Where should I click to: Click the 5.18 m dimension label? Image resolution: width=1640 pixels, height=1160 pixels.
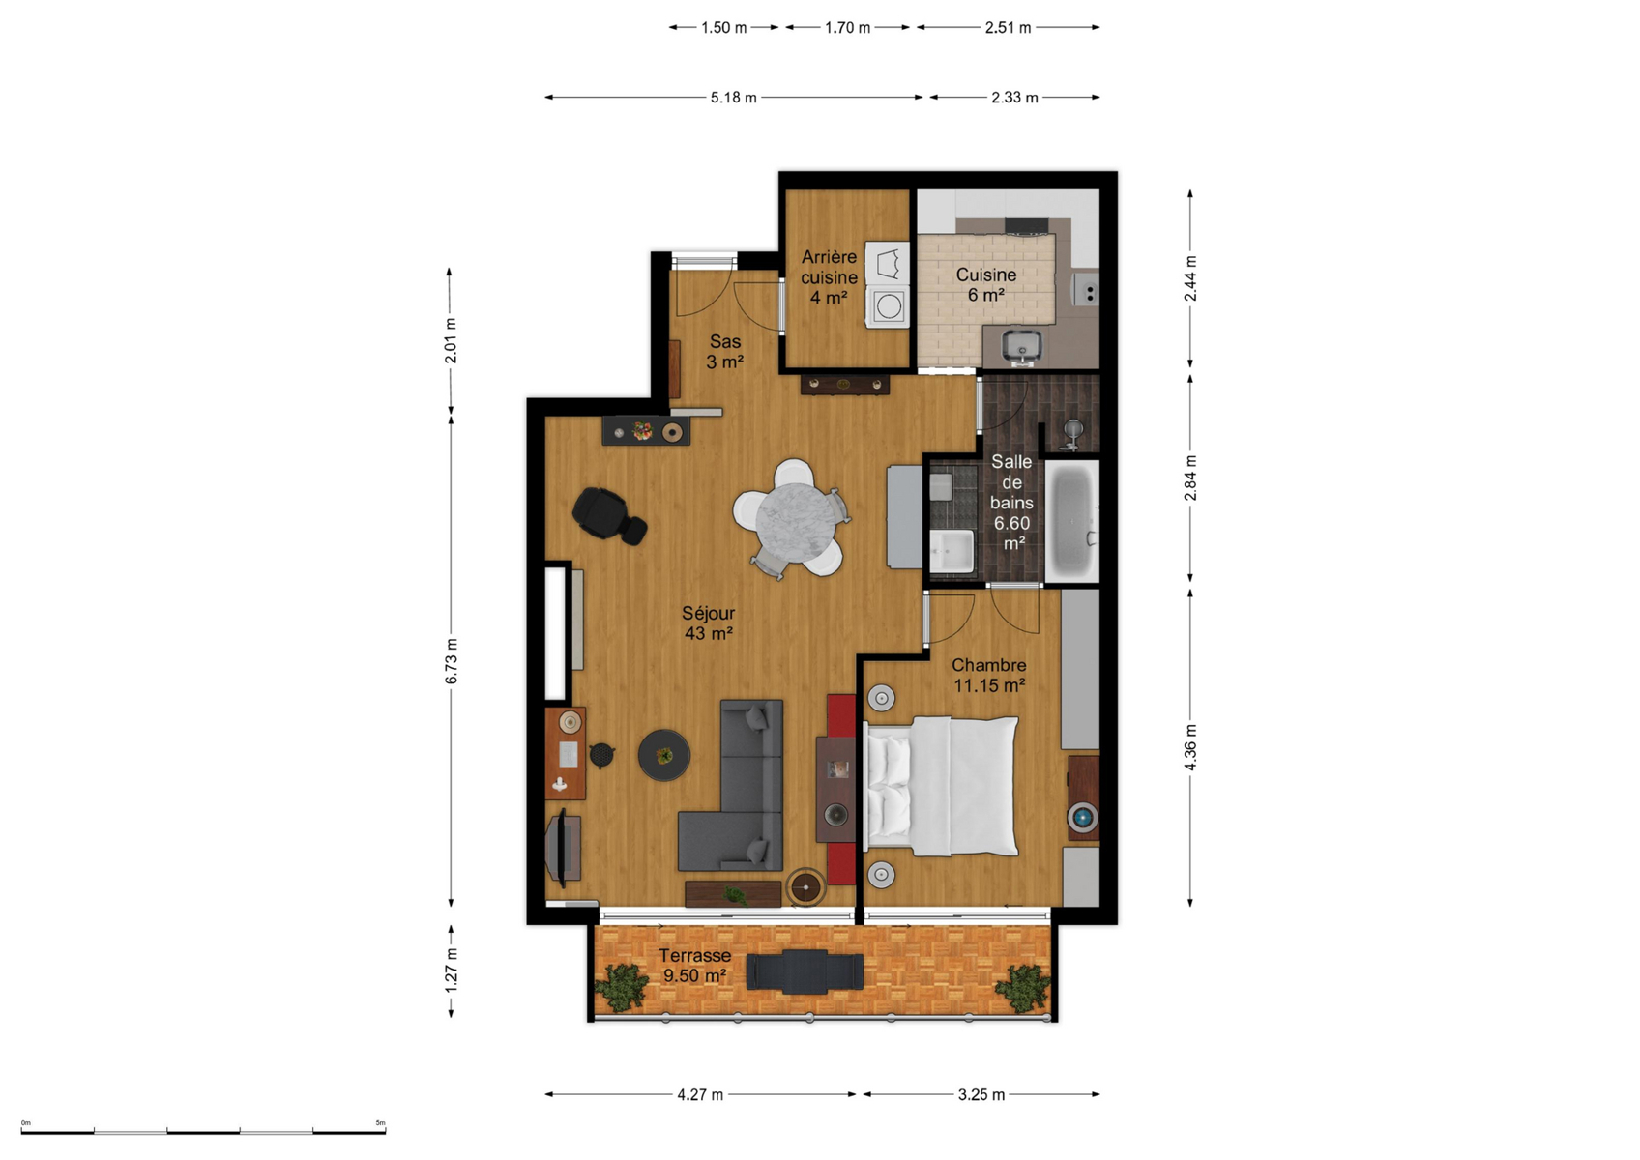(734, 98)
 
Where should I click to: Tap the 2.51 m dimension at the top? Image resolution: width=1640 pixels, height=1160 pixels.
(1008, 28)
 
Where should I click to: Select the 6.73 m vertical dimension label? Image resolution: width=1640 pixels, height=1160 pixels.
(451, 661)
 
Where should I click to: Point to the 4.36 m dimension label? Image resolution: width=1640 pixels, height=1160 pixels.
(1190, 746)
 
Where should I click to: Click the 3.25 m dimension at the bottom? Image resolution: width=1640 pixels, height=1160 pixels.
(981, 1095)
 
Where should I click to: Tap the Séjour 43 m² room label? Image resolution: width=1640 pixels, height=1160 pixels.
(708, 623)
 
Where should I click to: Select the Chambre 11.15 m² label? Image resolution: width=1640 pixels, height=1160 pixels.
(988, 675)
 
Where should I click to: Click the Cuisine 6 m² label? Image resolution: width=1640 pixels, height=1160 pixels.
(985, 285)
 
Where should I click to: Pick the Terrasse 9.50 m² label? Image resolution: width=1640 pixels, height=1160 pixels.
(695, 966)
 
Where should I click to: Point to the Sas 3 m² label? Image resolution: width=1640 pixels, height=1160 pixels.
(725, 351)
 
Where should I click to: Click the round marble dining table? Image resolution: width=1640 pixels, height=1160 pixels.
(795, 522)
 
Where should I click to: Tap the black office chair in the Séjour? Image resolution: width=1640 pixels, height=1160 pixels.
(608, 515)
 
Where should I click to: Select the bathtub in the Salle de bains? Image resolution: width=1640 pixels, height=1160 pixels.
(1071, 521)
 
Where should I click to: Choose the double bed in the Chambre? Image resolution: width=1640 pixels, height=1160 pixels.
(942, 786)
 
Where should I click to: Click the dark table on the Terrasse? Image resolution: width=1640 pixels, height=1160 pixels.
(805, 971)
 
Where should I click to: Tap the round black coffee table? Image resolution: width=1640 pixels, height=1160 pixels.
(664, 755)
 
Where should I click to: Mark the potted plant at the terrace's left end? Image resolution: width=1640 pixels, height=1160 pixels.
(622, 987)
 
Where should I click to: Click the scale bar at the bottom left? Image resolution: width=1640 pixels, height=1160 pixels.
(203, 1131)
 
